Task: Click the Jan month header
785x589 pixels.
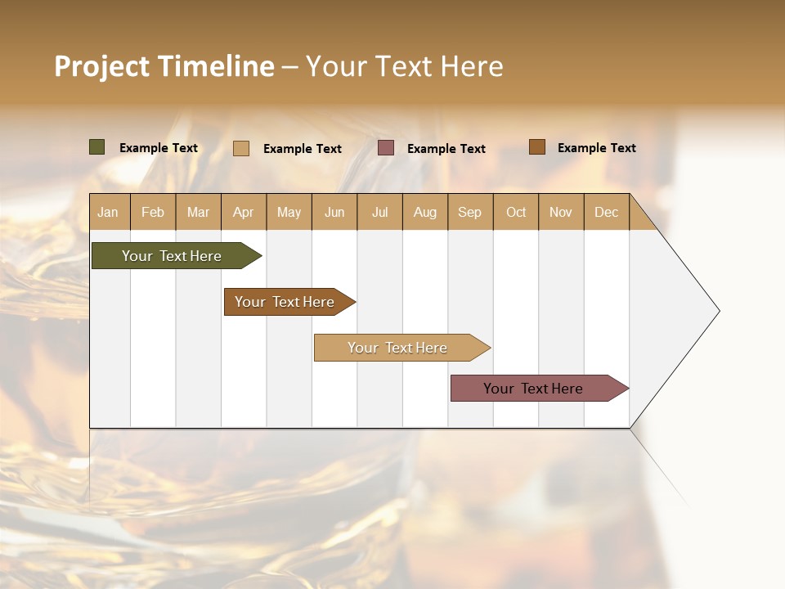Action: tap(109, 212)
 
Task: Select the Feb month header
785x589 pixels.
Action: tap(153, 212)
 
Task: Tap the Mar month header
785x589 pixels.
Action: tap(198, 212)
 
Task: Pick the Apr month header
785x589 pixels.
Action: tap(244, 212)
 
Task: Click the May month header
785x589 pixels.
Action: tap(289, 212)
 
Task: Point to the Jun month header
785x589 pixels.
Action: tap(334, 212)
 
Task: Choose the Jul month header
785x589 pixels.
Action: tap(379, 212)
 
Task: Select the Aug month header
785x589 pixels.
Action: tap(425, 212)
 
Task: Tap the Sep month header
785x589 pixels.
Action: tap(470, 212)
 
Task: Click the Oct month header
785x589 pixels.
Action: tap(516, 212)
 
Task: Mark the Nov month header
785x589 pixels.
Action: tap(561, 212)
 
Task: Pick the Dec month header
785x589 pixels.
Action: tap(606, 212)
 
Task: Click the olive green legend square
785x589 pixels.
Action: tap(96, 147)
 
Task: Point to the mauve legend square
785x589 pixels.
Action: tap(386, 148)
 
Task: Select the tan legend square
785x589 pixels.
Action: tap(241, 148)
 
